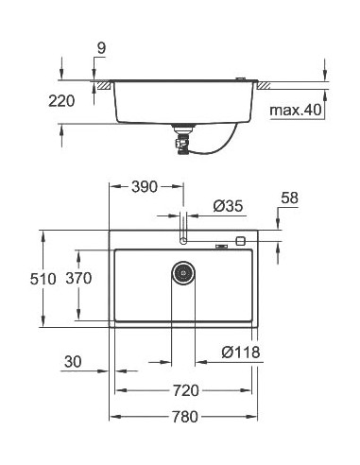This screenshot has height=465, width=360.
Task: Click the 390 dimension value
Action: pos(145,186)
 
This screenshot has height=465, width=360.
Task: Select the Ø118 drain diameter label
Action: pos(240,353)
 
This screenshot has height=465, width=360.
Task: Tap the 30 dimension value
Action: pos(75,361)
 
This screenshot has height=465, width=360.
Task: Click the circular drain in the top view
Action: pos(183,273)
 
